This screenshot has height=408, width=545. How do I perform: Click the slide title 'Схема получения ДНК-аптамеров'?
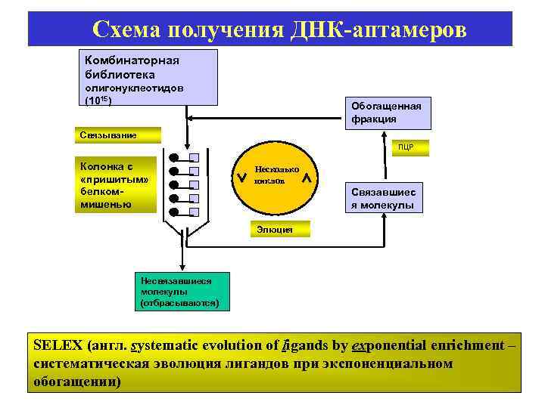[279, 29]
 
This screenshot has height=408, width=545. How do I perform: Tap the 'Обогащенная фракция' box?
[386, 112]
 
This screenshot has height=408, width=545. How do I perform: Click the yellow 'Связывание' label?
[118, 135]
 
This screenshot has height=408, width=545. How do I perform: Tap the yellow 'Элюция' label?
[270, 228]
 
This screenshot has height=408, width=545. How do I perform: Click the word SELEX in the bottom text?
[58, 346]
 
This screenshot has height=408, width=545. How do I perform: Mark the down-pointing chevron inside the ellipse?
[241, 179]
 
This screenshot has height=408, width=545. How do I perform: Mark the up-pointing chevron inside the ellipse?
[307, 179]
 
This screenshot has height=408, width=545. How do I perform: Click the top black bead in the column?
[174, 158]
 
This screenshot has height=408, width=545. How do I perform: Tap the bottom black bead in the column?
[174, 212]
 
